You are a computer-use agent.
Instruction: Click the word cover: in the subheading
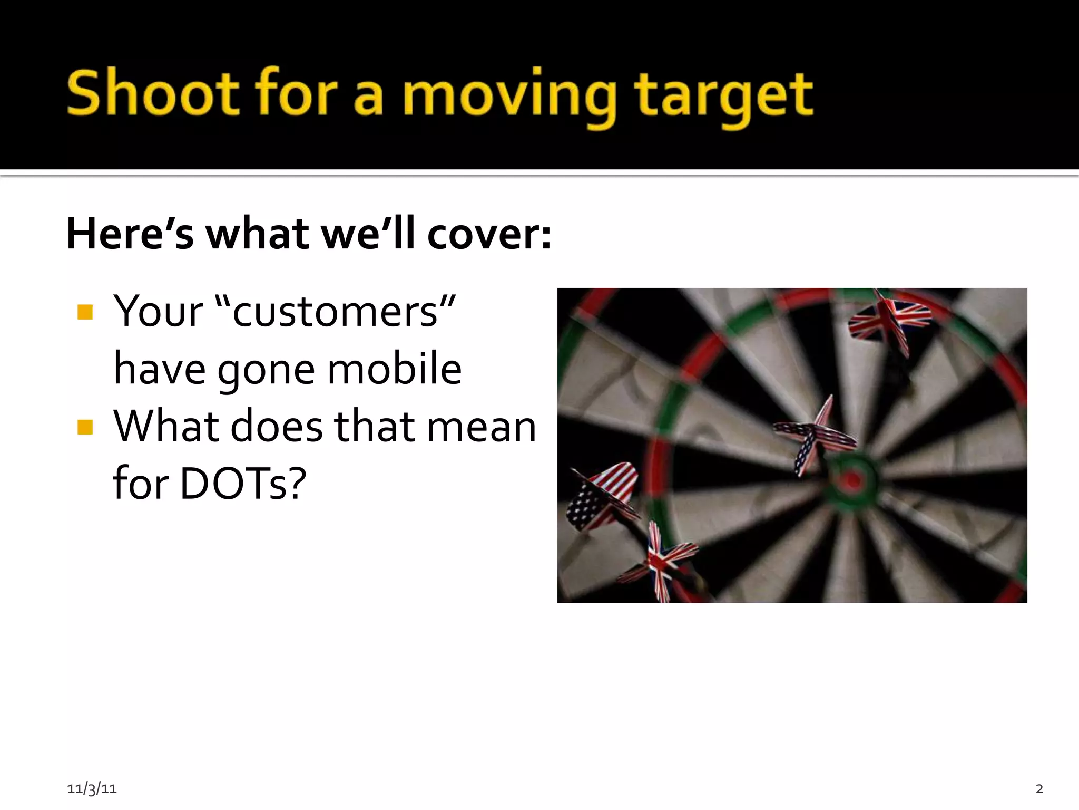pyautogui.click(x=489, y=234)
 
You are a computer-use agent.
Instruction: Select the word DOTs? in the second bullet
pyautogui.click(x=243, y=483)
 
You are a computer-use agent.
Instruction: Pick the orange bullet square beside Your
pyautogui.click(x=85, y=312)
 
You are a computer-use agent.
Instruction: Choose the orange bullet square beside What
pyautogui.click(x=85, y=427)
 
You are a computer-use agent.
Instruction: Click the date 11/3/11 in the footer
pyautogui.click(x=92, y=788)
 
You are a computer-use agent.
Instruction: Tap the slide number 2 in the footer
pyautogui.click(x=1039, y=788)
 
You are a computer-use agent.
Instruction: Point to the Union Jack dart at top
pyautogui.click(x=889, y=319)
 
